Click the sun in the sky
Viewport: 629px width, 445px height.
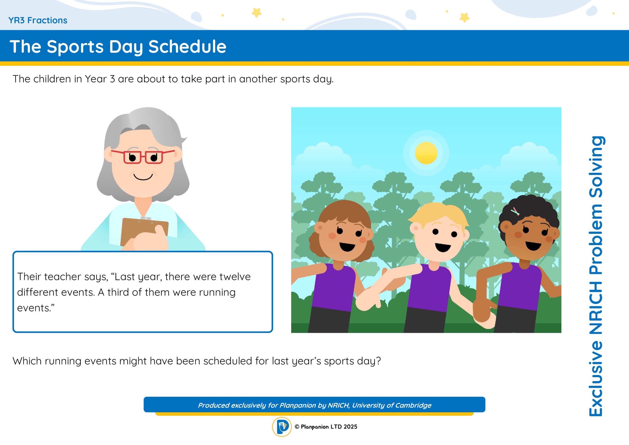(x=426, y=153)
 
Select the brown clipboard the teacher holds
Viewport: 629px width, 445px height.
(x=144, y=232)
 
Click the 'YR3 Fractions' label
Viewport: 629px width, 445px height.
(x=38, y=20)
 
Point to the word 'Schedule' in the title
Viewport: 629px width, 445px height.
(x=187, y=47)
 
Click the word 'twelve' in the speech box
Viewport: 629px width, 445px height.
(x=235, y=277)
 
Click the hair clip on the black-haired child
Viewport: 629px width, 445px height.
(x=515, y=211)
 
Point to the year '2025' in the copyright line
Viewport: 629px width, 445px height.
(x=350, y=427)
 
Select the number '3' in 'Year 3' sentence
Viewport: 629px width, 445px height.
(x=112, y=79)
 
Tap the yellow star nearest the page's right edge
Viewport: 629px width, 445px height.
(x=464, y=17)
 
